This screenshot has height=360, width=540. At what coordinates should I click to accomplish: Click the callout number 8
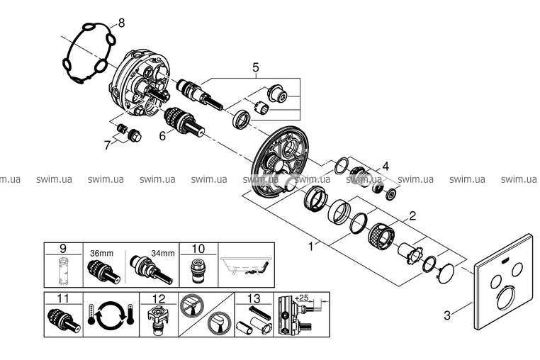point(121,23)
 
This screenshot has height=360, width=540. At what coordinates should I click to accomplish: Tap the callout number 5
point(256,68)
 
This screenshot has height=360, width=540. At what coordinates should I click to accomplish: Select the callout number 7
point(107,145)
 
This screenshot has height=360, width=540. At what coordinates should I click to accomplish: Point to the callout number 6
point(162,134)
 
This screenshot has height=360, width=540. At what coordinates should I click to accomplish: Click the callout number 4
point(385,167)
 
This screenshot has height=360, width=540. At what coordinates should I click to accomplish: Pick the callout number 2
point(411,214)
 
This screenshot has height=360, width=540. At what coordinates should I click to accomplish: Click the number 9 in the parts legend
point(62,248)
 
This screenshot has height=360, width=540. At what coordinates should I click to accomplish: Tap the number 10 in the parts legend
point(198,248)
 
